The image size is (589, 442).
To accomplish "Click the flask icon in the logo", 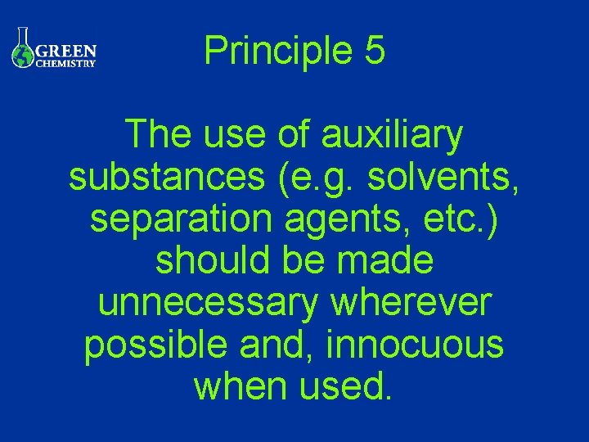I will (x=22, y=50).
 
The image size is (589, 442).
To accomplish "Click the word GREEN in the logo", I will (x=66, y=50).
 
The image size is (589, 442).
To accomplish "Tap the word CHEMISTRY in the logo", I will (x=66, y=63).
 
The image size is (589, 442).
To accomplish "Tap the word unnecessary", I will (x=207, y=303).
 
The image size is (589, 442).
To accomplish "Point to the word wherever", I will (x=411, y=303).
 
